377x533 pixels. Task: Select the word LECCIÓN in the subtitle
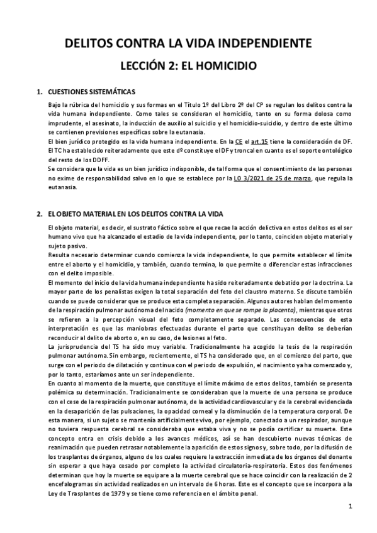point(141,65)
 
